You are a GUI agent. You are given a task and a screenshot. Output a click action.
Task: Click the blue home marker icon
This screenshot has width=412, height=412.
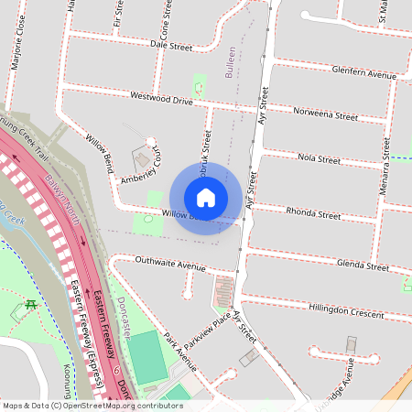206,197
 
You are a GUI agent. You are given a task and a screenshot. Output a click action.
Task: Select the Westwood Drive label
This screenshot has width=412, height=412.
161,97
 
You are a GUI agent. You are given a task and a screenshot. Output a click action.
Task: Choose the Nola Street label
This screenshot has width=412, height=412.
319,159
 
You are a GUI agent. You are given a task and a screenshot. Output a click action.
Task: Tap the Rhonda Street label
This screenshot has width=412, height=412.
313,214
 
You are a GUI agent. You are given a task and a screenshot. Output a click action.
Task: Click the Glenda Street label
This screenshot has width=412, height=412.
363,265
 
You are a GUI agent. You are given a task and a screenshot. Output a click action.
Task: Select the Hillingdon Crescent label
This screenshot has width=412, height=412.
346,311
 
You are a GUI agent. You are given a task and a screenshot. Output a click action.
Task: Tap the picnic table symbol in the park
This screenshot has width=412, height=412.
31,305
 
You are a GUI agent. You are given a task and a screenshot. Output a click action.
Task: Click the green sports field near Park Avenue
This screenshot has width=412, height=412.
145,358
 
